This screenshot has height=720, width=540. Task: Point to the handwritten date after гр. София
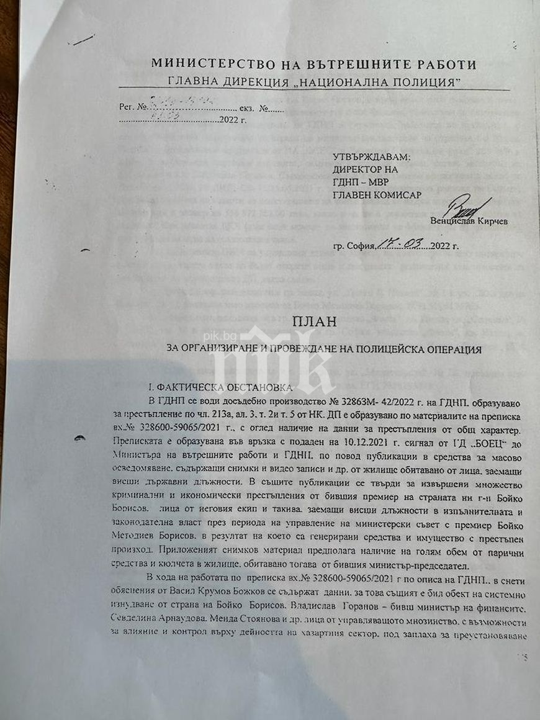coord(403,245)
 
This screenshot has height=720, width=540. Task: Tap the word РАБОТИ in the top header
coord(446,64)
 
